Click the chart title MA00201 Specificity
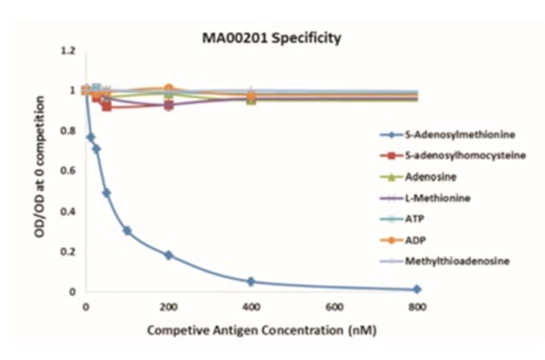coord(271,38)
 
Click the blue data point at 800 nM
coord(417,289)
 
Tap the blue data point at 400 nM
coord(251,281)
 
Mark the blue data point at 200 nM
coord(168,255)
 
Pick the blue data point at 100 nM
coord(127,230)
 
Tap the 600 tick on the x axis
coord(334,307)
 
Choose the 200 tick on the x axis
coord(168,307)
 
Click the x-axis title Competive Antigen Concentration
coord(254,331)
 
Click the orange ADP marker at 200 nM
coord(168,89)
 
